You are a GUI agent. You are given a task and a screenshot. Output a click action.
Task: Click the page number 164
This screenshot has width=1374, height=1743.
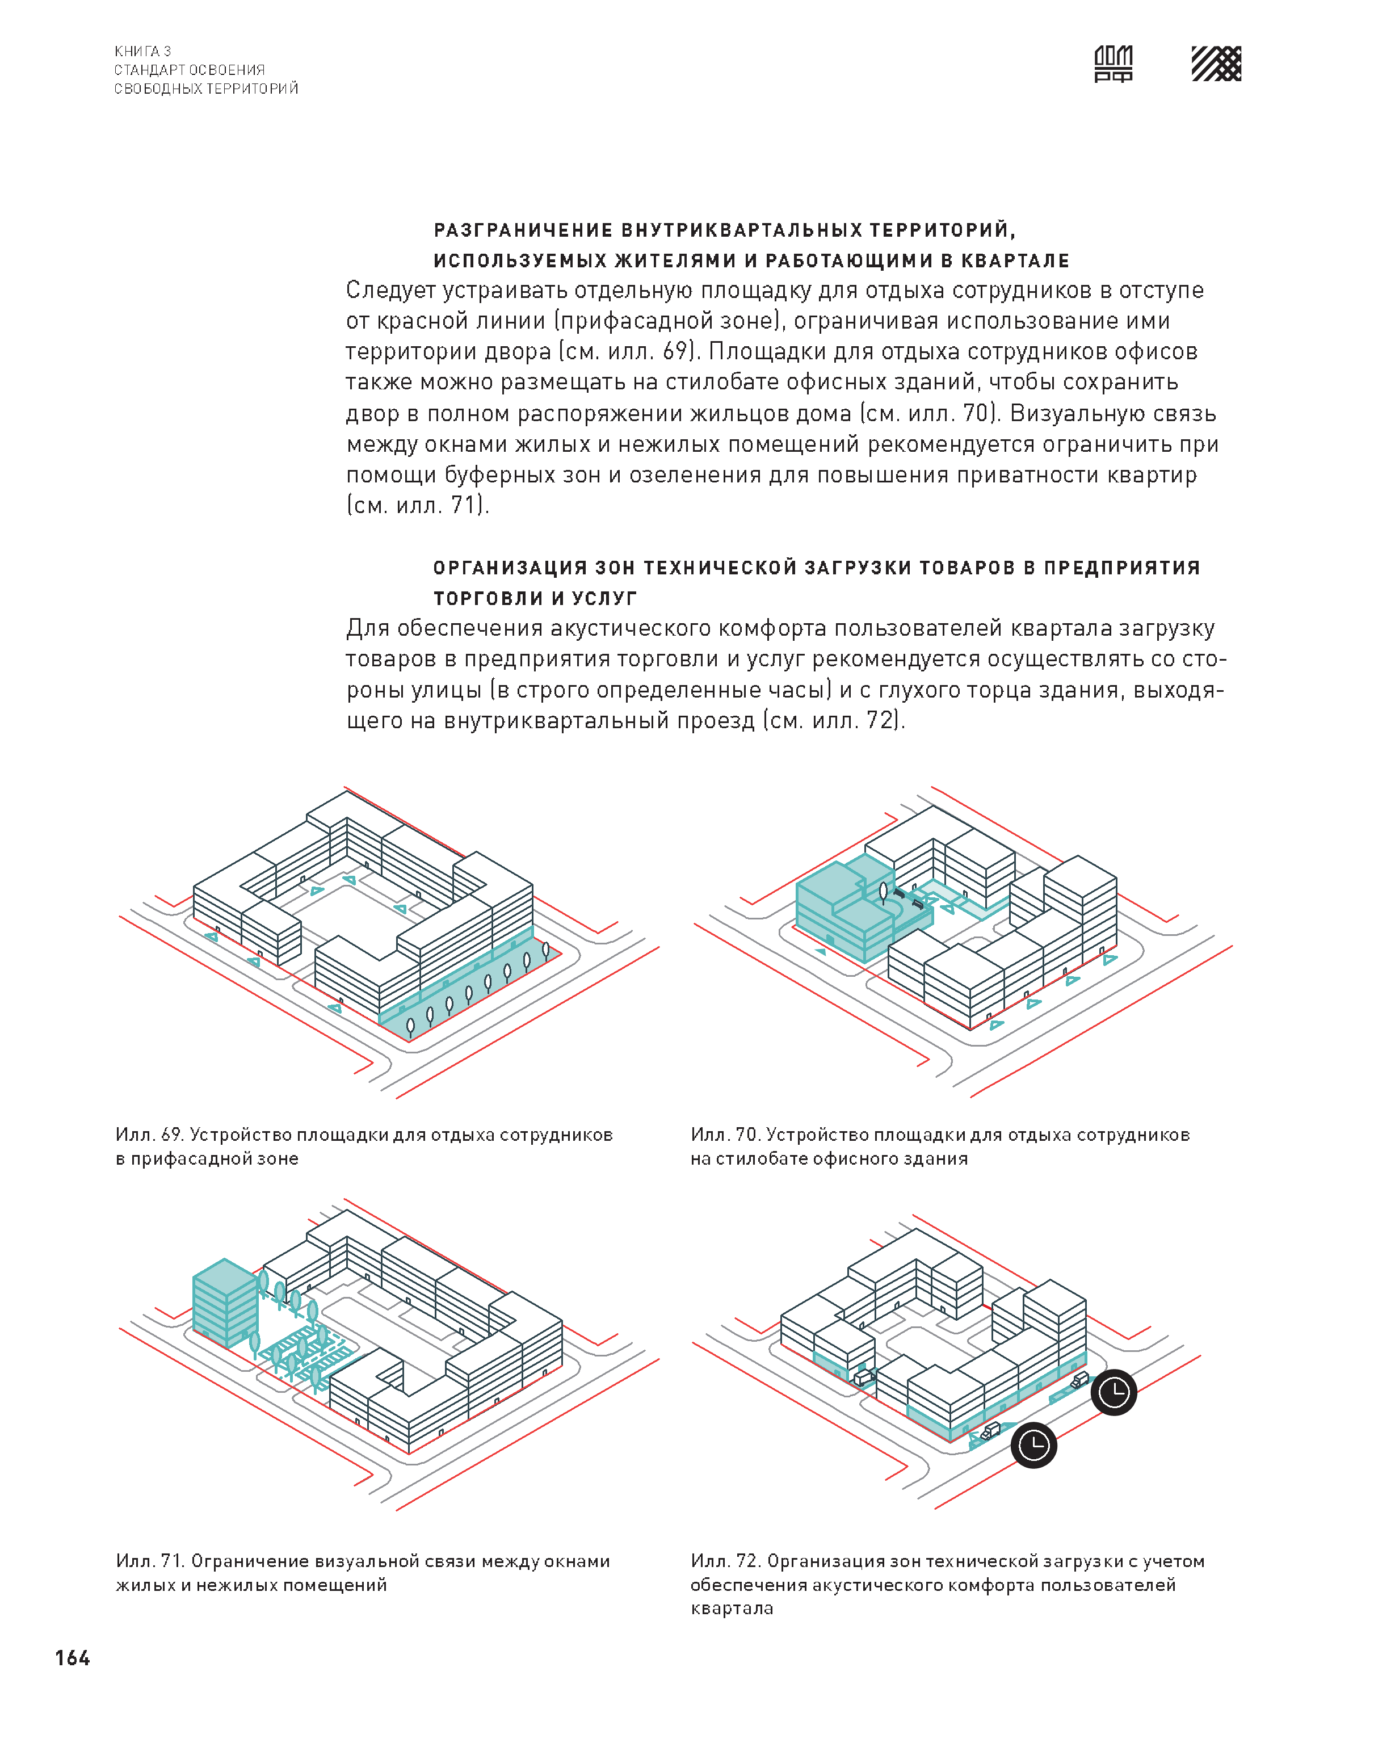coord(73,1658)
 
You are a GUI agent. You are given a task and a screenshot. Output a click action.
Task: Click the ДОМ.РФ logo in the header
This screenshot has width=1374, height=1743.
coord(1114,64)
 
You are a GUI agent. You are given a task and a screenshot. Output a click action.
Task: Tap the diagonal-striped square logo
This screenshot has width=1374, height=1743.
coord(1216,64)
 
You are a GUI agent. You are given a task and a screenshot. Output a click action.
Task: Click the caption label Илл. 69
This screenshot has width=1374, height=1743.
coord(150,1135)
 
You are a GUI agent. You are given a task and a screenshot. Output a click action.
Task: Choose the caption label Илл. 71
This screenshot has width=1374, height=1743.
coord(150,1561)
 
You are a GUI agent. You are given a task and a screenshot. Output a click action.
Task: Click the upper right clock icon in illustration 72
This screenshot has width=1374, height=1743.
coord(1114,1392)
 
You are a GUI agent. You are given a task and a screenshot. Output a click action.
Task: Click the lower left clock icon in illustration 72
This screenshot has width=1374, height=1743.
coord(1033,1446)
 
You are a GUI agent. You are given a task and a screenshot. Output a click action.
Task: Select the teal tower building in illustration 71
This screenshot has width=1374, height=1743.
coord(224,1302)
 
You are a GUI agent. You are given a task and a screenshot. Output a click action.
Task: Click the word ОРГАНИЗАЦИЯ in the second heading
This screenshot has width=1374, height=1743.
coord(510,569)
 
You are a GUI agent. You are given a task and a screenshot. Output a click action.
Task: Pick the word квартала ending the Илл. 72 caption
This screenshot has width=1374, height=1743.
coord(732,1608)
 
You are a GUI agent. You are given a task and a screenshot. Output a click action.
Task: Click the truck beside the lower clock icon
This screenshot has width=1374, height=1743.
coord(990,1431)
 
